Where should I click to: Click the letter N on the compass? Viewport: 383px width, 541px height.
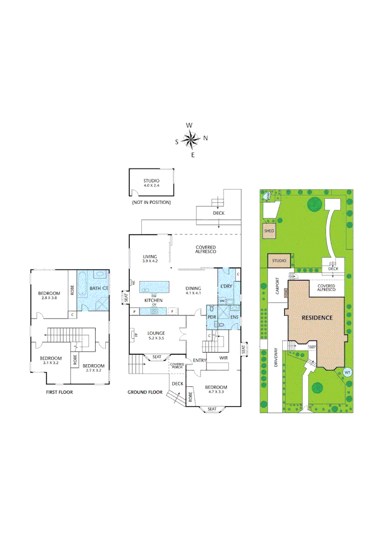click(x=206, y=138)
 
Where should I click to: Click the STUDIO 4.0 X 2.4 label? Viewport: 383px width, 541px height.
click(x=151, y=183)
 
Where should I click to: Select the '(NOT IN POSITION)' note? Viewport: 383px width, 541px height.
click(x=151, y=202)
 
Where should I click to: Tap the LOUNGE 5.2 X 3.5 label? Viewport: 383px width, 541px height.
click(x=156, y=336)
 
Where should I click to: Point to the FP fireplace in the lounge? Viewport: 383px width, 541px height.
click(x=133, y=335)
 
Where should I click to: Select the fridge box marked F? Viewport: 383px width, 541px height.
click(x=172, y=312)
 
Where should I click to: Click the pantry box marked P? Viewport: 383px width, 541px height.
click(x=134, y=312)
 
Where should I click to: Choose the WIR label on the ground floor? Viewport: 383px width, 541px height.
click(x=224, y=358)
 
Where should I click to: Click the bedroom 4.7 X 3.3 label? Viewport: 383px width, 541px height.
click(x=216, y=390)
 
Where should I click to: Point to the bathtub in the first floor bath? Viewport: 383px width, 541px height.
click(x=100, y=275)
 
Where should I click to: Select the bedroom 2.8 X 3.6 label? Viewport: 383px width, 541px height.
click(x=49, y=296)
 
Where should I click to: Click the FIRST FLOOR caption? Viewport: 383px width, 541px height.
click(x=59, y=392)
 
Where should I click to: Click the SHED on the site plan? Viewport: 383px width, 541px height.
click(x=269, y=231)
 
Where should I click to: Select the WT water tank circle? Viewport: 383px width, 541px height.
click(x=347, y=372)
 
